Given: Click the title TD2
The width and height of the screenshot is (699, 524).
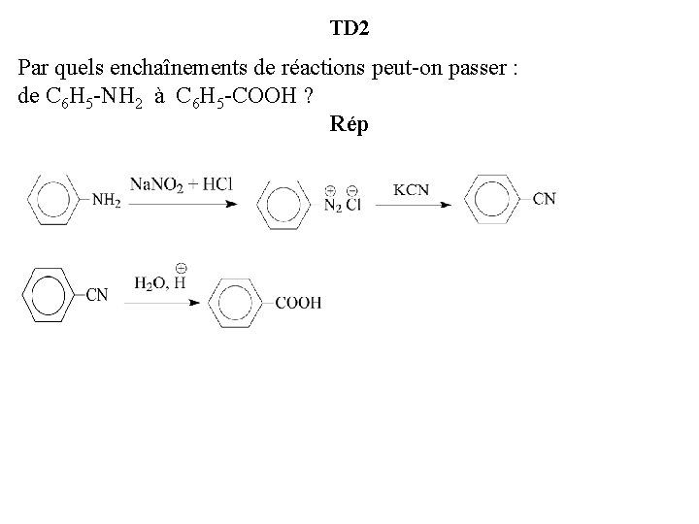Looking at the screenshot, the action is [349, 28].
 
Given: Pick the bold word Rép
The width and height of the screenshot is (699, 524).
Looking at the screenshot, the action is [349, 125].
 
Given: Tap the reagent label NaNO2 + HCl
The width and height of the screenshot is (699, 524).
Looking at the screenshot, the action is [182, 185].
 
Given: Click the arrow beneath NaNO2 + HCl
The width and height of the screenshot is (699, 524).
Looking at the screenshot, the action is [184, 204].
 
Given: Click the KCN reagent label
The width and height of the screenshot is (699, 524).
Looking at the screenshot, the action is [411, 190].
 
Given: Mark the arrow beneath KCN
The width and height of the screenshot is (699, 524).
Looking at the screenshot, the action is [414, 205].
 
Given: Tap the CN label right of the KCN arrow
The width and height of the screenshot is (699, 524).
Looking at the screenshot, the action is [544, 200].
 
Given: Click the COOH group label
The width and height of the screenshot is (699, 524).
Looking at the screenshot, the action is [298, 304].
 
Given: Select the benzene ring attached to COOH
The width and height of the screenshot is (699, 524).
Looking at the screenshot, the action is [238, 304].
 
